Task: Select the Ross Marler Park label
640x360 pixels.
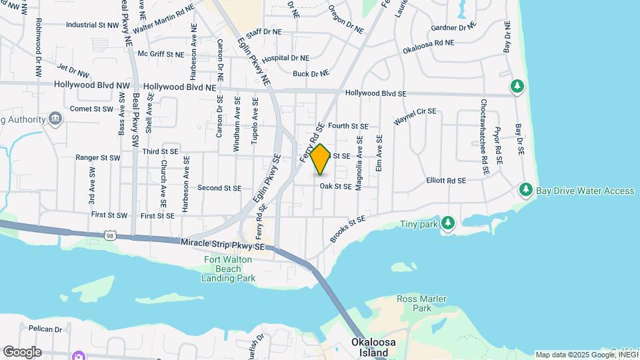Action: point(422,304)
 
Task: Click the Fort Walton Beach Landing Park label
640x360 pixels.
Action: point(229,269)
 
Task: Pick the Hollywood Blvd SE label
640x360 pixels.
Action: point(375,94)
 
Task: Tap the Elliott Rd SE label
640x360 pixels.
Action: point(446,181)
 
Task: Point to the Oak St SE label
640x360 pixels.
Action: point(335,187)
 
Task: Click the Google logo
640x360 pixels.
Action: point(21,352)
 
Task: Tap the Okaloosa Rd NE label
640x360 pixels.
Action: point(428,47)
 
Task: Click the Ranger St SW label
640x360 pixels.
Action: point(97,158)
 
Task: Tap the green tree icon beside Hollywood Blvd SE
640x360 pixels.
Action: point(517,87)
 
